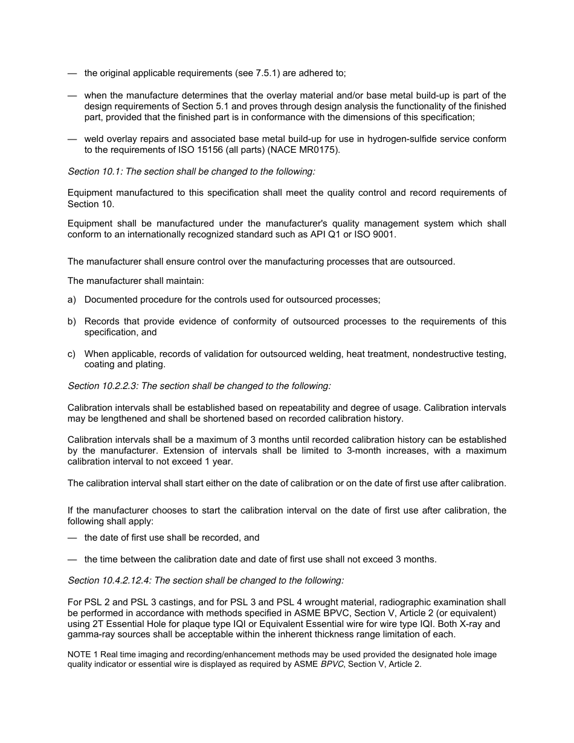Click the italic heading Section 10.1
tap(95, 172)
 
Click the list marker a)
tap(72, 300)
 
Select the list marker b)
tap(72, 321)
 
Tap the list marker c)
tap(72, 354)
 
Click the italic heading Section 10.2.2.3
tap(103, 385)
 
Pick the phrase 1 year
tap(221, 462)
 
